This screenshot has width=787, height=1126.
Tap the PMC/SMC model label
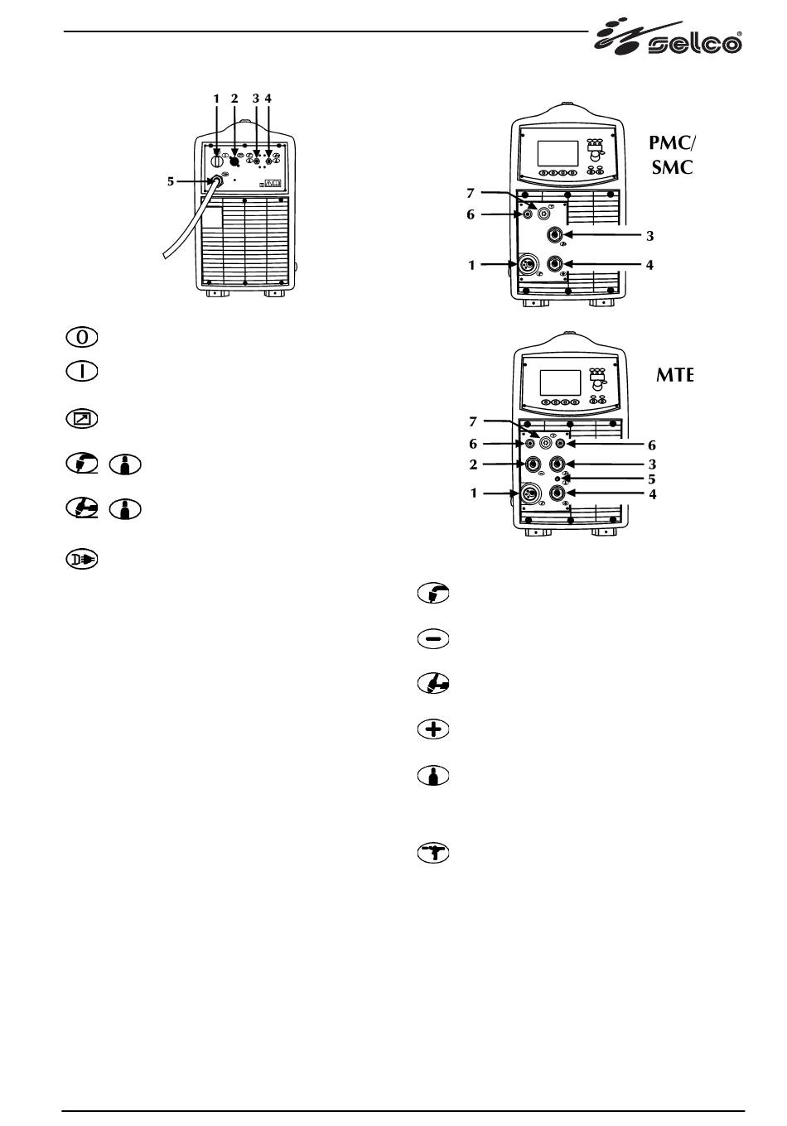point(673,155)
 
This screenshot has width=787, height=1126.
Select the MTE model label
point(675,376)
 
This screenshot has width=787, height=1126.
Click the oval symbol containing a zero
point(81,337)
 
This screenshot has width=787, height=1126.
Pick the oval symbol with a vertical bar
point(81,372)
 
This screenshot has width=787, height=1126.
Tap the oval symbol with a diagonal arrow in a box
point(81,419)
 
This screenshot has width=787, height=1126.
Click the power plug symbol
point(81,560)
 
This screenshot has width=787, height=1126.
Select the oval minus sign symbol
point(433,639)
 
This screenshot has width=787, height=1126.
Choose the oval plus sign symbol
point(433,729)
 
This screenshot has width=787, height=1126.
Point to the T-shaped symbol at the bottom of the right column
point(433,854)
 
